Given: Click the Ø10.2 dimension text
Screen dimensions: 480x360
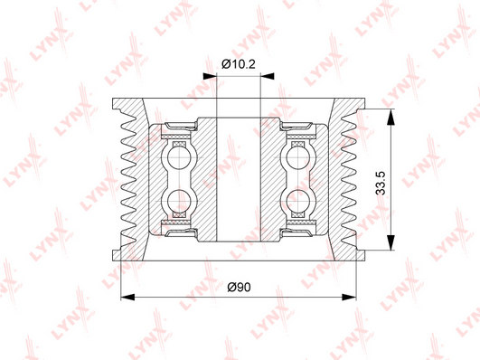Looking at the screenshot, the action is click(239, 64).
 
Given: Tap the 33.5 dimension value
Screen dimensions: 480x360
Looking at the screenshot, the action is click(381, 184).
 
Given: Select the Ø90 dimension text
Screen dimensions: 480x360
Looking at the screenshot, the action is click(239, 287).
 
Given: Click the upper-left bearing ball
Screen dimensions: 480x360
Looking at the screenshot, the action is click(179, 157).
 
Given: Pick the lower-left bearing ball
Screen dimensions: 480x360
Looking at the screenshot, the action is click(179, 201).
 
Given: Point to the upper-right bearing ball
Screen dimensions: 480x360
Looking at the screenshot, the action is click(298, 157).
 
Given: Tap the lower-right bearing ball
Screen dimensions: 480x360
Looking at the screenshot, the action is click(298, 201).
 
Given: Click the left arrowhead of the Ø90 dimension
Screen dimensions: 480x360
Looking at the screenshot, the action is click(128, 297).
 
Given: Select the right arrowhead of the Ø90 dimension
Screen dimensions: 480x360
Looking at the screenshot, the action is click(349, 297).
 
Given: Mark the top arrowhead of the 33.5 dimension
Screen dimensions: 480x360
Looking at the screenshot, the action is click(391, 117).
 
